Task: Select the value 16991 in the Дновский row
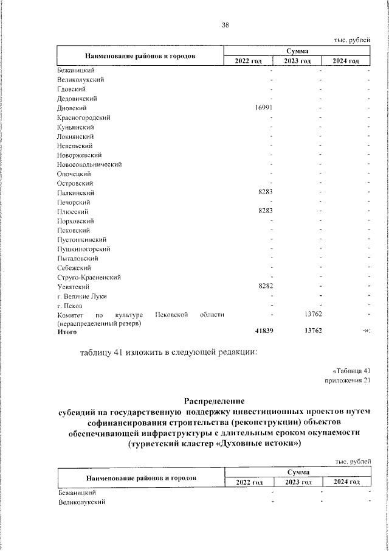pyautogui.click(x=266, y=108)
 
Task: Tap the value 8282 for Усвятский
pyautogui.click(x=268, y=286)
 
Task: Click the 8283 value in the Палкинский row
pyautogui.click(x=268, y=192)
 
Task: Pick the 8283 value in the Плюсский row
pyautogui.click(x=268, y=211)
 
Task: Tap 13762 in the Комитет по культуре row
pyautogui.click(x=312, y=314)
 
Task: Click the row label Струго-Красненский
pyautogui.click(x=89, y=277)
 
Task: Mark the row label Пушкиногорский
pyautogui.click(x=84, y=248)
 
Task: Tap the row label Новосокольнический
pyautogui.click(x=90, y=164)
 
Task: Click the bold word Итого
pyautogui.click(x=67, y=332)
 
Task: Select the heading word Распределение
pyautogui.click(x=214, y=401)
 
